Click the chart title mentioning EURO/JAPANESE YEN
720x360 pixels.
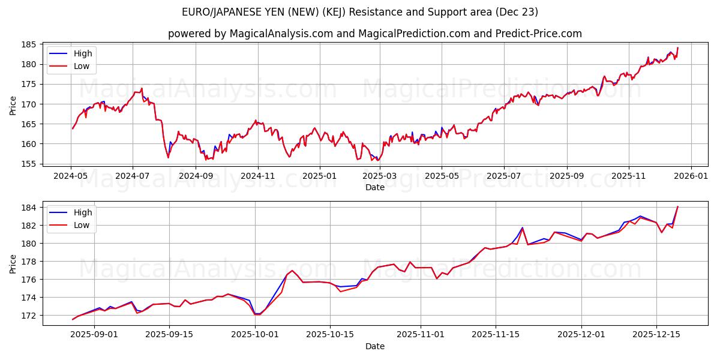(359, 12)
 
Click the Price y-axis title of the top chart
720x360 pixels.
(13, 105)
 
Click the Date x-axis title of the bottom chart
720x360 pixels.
(375, 346)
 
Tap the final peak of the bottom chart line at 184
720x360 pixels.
(677, 207)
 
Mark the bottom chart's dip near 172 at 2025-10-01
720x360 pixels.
(256, 314)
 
